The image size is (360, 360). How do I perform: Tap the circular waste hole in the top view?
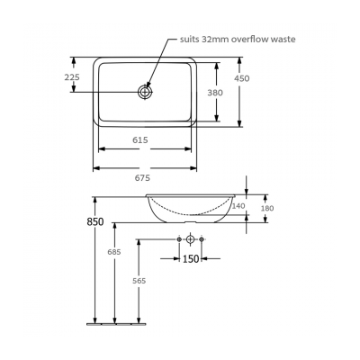point(146,91)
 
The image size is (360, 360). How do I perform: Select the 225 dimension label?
point(73,77)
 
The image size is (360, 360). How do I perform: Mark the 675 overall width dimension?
point(142,178)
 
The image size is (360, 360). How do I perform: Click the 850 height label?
point(95,221)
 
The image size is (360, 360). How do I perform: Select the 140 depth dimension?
point(238,206)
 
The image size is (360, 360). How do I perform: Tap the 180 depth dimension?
point(266,209)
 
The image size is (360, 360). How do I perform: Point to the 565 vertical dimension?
point(139,282)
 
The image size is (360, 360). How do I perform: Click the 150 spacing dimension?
point(191,259)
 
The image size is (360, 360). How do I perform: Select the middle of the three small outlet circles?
point(191,239)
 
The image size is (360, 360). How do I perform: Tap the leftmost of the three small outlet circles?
point(179,239)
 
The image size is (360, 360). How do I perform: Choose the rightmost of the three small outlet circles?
point(202,239)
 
